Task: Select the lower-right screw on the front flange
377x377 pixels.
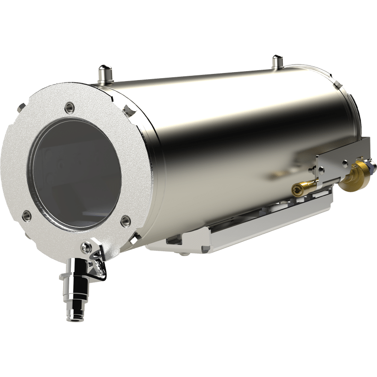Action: click(125, 220)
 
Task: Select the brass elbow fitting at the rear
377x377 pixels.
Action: click(355, 175)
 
